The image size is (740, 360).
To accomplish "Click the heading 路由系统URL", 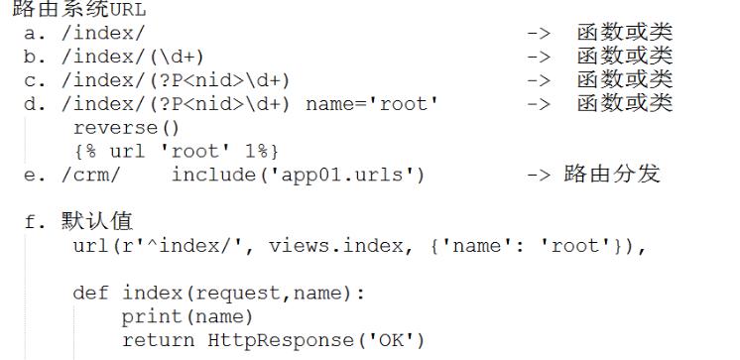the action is (79, 9).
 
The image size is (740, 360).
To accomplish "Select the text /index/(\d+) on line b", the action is (133, 58).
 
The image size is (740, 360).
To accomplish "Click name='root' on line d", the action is (372, 104).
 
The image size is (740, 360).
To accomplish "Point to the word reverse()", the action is (127, 128).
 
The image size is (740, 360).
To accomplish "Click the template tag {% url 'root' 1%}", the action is (176, 152).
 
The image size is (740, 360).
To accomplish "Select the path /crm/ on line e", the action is (91, 176).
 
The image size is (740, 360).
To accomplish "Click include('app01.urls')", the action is (299, 176).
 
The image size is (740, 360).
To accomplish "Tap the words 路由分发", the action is (612, 175).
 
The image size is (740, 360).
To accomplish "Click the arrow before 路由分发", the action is (539, 176).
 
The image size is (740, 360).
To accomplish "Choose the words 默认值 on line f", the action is (97, 221).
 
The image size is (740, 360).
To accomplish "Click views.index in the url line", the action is (336, 246).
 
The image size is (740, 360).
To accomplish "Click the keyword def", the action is (90, 293).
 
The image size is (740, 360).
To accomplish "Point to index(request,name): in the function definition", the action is (243, 294).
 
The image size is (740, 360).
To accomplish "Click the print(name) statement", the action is (187, 317).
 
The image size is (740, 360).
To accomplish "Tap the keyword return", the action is (158, 340).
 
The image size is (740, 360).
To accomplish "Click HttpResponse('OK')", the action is (316, 340).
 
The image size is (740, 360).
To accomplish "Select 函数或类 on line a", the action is (624, 33).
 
